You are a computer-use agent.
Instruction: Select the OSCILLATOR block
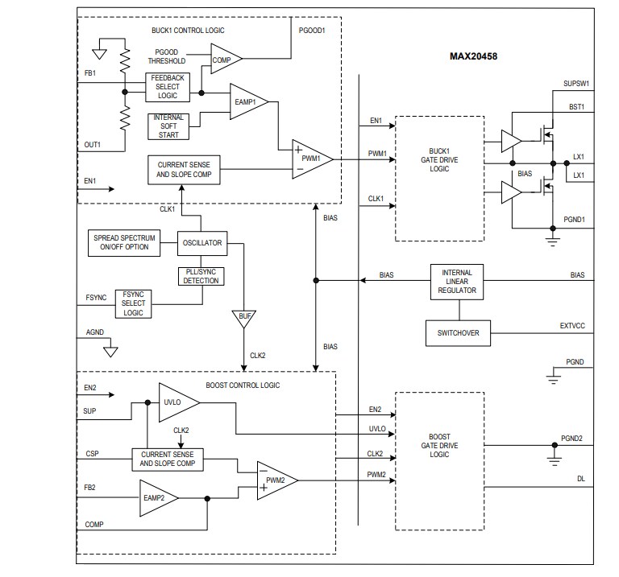[x=201, y=241]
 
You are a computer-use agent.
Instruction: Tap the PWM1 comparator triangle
[x=310, y=159]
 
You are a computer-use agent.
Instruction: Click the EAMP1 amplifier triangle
[x=251, y=101]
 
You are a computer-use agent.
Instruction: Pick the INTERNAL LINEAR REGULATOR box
[x=458, y=281]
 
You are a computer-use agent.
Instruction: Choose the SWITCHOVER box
[x=458, y=332]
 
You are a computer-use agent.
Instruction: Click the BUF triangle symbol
[x=243, y=316]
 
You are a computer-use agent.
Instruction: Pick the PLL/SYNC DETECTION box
[x=201, y=275]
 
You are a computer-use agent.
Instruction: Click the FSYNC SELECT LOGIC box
[x=134, y=303]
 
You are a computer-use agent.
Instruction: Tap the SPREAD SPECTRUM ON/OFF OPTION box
[x=122, y=241]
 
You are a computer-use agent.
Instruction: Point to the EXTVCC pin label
[x=573, y=326]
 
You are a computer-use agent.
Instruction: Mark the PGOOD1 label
[x=311, y=31]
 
